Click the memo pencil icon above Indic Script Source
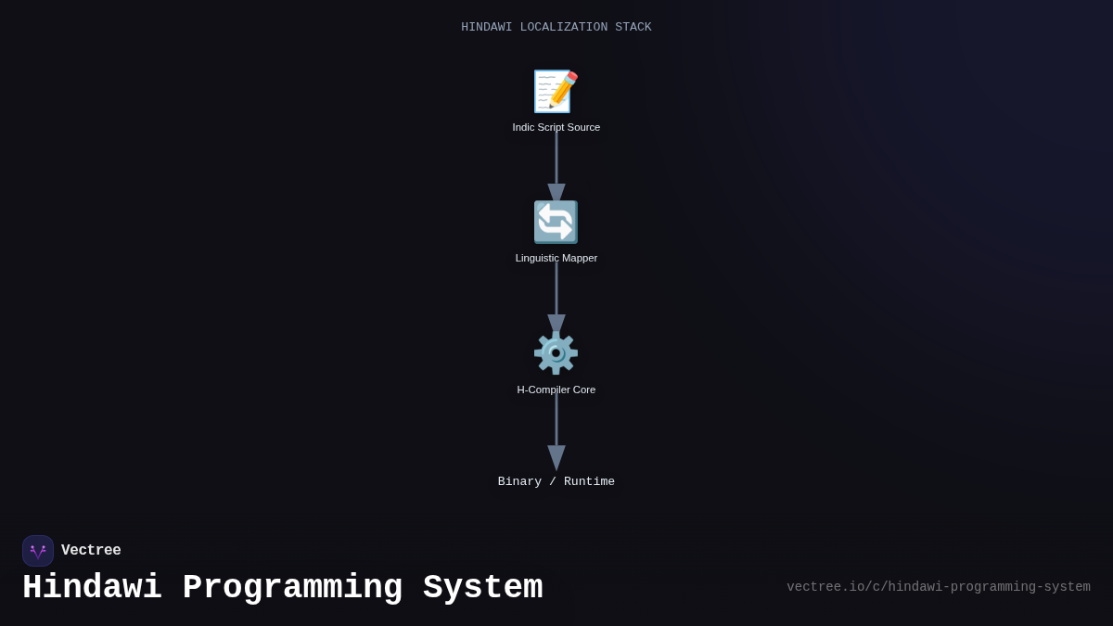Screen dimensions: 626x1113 [x=556, y=91]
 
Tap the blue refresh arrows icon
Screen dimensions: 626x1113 [x=556, y=223]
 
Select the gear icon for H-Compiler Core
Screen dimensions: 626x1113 [x=556, y=353]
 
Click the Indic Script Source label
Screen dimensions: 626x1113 [x=556, y=127]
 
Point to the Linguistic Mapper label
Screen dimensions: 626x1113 [x=556, y=258]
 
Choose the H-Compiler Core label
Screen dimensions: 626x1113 [x=556, y=390]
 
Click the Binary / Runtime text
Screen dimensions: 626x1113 [x=556, y=481]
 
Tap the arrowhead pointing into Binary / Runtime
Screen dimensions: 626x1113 [x=556, y=457]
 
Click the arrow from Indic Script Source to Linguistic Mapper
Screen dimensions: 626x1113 [x=556, y=162]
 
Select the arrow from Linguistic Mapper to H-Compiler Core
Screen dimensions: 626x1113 [x=556, y=292]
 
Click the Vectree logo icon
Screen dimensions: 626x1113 [x=38, y=551]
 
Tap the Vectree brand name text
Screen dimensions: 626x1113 [x=91, y=551]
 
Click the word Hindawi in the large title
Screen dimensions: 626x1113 [x=92, y=588]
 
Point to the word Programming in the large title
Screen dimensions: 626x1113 [x=292, y=588]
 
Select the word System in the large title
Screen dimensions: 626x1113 [x=482, y=588]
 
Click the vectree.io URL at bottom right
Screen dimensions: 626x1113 [x=938, y=587]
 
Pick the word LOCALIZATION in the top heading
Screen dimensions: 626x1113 [x=563, y=28]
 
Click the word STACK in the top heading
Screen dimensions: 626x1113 [x=633, y=28]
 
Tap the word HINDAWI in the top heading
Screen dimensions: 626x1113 [x=486, y=28]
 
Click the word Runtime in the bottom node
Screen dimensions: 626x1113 [x=589, y=481]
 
